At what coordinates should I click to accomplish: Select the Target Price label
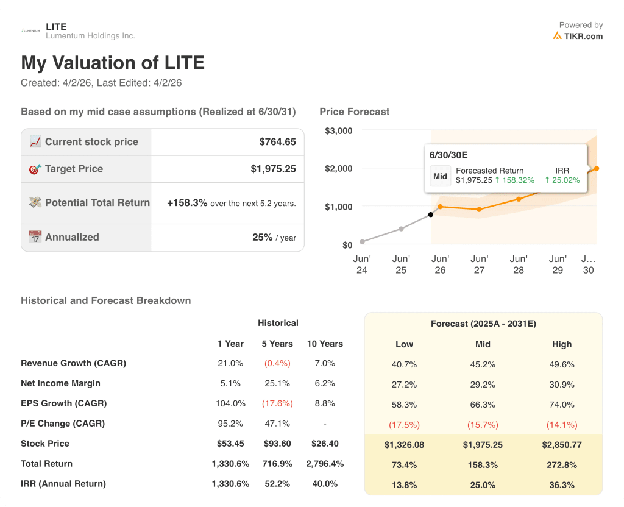click(74, 169)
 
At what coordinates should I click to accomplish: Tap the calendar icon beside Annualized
click(35, 237)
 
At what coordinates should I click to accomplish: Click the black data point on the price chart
click(431, 214)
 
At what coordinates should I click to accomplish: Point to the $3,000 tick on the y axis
click(338, 130)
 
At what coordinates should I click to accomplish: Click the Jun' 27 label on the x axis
click(479, 264)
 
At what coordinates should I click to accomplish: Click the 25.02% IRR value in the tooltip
click(562, 180)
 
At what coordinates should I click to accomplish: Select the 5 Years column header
click(277, 344)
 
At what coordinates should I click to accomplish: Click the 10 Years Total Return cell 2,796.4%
click(325, 464)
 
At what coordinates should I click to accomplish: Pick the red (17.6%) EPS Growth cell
click(277, 403)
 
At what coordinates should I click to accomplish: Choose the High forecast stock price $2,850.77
click(561, 445)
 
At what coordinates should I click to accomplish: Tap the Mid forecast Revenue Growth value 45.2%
click(483, 364)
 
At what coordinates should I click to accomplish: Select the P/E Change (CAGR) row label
click(63, 424)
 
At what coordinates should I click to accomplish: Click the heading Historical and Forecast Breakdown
click(105, 300)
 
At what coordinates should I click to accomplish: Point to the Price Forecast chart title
click(354, 112)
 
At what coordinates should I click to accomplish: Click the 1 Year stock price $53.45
click(230, 444)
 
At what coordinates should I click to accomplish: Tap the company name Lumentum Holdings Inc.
click(90, 36)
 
